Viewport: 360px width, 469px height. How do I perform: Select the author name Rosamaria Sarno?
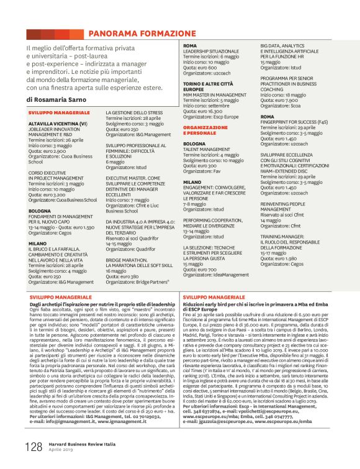65,99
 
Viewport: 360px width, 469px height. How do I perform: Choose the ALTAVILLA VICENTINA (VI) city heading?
58,124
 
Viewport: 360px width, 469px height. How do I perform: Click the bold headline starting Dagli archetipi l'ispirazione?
102,304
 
